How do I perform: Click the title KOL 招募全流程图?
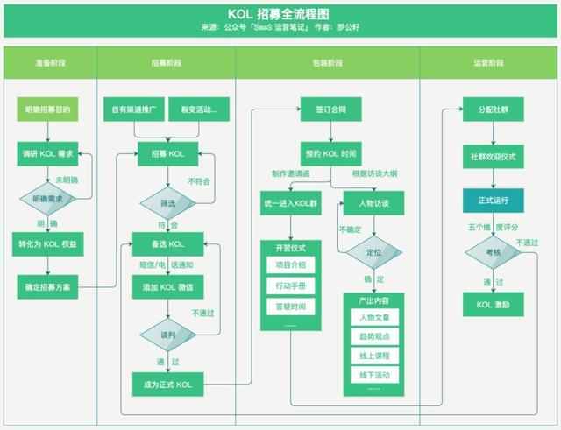(x=280, y=15)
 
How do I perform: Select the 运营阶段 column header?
(x=488, y=64)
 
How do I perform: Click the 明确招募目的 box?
(x=48, y=110)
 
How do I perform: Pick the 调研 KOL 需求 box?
(x=48, y=153)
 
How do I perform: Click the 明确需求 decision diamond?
(x=48, y=199)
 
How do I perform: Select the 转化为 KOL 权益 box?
(x=48, y=244)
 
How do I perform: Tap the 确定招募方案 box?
(x=48, y=286)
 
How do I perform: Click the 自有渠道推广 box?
(x=133, y=110)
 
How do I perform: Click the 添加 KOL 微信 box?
(x=167, y=286)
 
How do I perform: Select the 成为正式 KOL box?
(x=167, y=384)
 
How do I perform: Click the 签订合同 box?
(x=330, y=110)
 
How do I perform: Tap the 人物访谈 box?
(x=373, y=203)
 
